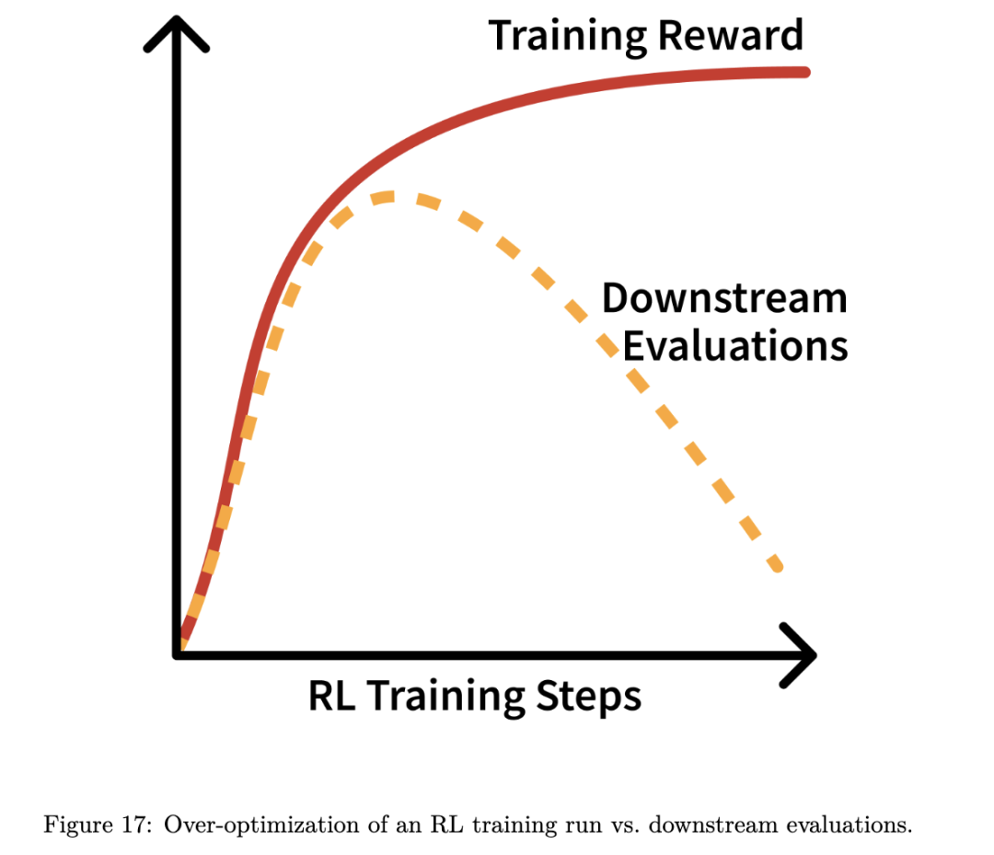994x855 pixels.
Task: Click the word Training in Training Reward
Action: pos(567,37)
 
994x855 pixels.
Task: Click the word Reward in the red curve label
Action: pos(731,35)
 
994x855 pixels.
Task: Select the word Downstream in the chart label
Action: pos(724,297)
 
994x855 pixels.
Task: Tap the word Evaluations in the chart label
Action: pos(735,346)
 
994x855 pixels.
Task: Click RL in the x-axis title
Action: pos(331,696)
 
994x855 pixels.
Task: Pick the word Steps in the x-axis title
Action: pos(589,699)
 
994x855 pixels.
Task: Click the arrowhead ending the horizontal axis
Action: pos(798,654)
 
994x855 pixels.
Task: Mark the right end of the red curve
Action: pos(805,73)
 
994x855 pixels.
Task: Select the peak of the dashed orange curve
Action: pos(384,197)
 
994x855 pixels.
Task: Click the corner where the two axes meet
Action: pos(177,654)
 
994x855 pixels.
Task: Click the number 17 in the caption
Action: pos(133,825)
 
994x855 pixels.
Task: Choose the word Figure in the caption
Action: pos(78,826)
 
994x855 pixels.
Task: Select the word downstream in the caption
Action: pos(713,825)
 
